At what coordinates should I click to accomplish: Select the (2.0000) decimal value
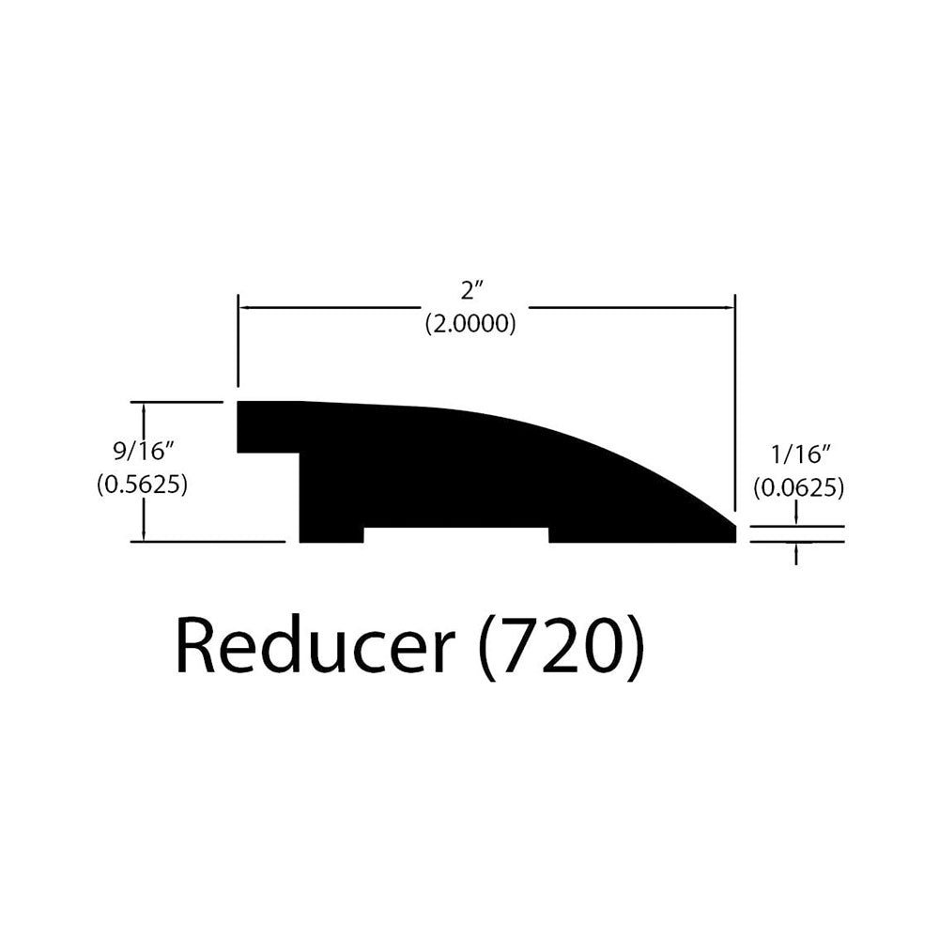(470, 323)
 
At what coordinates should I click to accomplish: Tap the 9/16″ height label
(139, 452)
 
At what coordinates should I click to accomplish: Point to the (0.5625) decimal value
(143, 484)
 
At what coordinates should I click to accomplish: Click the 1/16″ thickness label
(798, 455)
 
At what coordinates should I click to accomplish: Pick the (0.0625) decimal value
(799, 488)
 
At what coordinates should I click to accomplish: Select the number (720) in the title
(562, 651)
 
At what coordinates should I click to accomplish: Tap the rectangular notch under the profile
(456, 535)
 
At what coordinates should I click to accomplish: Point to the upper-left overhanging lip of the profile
(269, 427)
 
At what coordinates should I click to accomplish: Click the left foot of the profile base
(331, 535)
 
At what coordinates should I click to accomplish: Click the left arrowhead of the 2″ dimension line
(245, 308)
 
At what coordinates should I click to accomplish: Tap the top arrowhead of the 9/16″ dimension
(144, 408)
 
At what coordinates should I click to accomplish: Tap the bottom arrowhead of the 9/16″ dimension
(144, 534)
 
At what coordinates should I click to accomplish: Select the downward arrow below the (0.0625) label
(796, 514)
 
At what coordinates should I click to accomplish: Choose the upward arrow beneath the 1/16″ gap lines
(796, 554)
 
